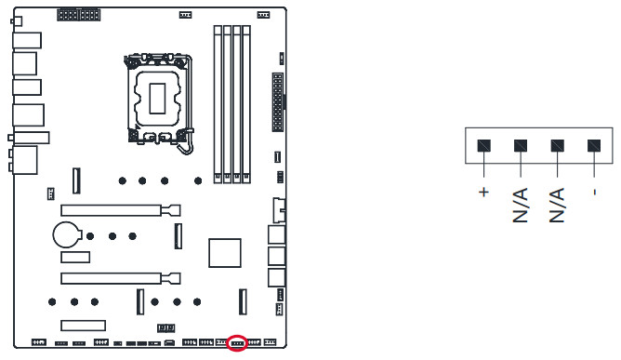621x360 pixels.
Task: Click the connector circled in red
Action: pos(237,342)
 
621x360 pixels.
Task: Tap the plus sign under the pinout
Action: pos(483,193)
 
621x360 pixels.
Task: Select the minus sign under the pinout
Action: pos(594,193)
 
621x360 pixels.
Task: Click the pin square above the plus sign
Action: pos(484,145)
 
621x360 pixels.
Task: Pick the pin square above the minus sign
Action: pos(594,145)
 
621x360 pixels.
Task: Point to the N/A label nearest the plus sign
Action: pos(521,205)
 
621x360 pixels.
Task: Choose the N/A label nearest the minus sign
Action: pos(557,205)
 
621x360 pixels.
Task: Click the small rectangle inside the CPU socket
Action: pos(157,99)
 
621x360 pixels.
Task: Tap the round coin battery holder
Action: pos(67,234)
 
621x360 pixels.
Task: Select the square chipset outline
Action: pos(225,253)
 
